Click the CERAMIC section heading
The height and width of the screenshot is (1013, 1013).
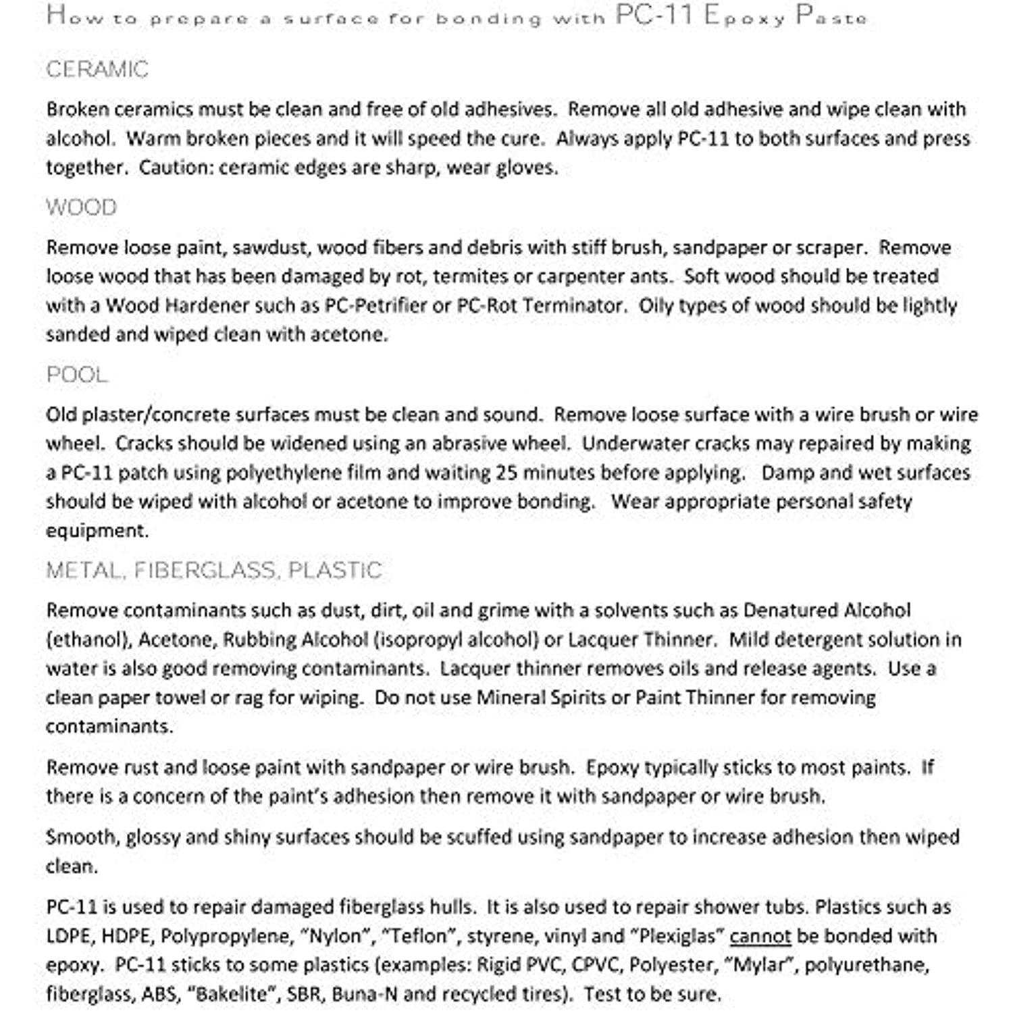click(x=97, y=70)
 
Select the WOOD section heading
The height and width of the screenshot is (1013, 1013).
click(x=81, y=207)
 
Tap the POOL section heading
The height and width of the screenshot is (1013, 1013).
click(x=77, y=375)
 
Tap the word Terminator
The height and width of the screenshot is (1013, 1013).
click(x=573, y=306)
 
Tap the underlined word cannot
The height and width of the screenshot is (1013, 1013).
click(x=760, y=936)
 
